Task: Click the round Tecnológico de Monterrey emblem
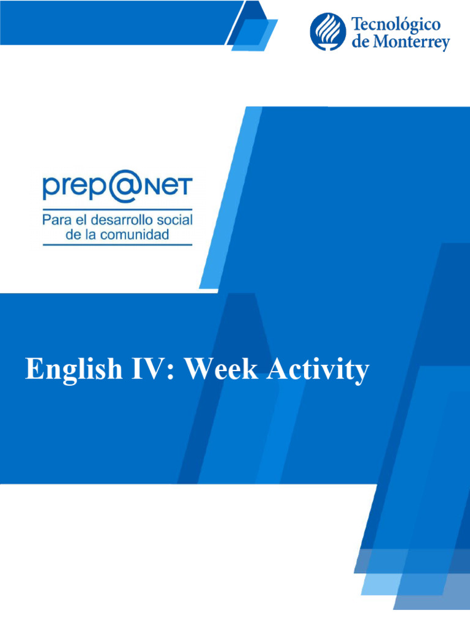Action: [327, 32]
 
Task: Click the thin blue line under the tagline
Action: [117, 244]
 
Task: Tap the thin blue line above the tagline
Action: [117, 208]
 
